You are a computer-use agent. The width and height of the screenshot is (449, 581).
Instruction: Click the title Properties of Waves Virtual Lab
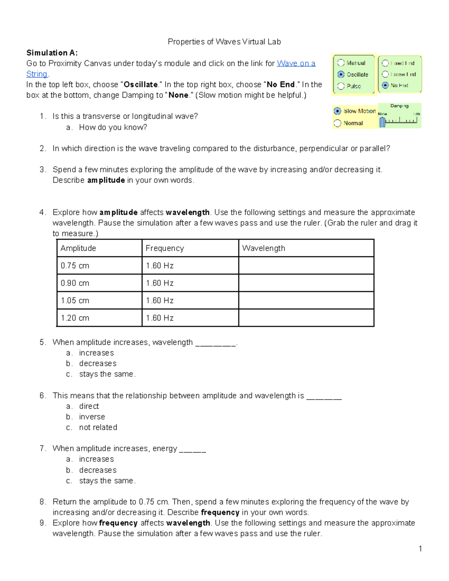click(224, 42)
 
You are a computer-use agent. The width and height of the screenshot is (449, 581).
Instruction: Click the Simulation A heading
click(52, 53)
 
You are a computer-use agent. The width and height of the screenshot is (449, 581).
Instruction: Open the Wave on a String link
click(296, 64)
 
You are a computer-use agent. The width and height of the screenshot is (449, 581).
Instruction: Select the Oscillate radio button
click(341, 74)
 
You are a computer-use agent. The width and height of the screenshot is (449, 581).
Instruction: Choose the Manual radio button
click(341, 63)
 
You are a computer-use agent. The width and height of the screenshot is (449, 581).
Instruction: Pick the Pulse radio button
click(341, 86)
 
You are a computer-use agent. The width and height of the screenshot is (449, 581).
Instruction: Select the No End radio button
click(385, 85)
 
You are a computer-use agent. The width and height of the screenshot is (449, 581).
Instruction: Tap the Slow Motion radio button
click(337, 111)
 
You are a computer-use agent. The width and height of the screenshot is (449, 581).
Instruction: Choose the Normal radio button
click(337, 123)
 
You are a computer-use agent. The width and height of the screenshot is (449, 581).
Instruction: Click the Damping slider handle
click(382, 122)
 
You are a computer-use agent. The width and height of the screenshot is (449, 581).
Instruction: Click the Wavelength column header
click(263, 248)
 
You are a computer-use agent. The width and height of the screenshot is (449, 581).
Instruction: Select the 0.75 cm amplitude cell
click(75, 266)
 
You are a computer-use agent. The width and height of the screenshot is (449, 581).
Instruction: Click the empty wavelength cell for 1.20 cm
click(306, 318)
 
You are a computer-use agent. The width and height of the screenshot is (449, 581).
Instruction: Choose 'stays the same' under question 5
click(106, 374)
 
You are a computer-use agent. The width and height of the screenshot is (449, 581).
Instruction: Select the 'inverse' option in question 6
click(92, 417)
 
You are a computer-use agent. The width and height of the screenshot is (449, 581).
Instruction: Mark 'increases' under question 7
click(96, 459)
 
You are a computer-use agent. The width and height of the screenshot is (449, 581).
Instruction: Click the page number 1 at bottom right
click(421, 549)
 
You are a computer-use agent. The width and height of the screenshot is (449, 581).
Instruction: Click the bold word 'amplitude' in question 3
click(106, 180)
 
